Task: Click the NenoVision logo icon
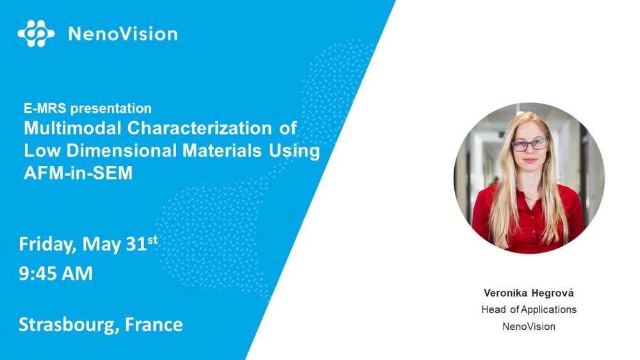[36, 33]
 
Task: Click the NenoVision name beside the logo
[123, 34]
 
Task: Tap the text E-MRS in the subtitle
[45, 108]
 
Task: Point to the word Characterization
[200, 128]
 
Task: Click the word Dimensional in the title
[121, 151]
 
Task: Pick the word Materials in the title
[222, 151]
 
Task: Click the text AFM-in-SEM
[78, 173]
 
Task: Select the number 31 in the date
[136, 244]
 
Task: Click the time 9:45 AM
[56, 274]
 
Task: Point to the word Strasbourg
[69, 325]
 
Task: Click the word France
[154, 325]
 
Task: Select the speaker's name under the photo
[529, 293]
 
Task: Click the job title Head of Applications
[529, 309]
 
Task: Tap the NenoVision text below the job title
[529, 327]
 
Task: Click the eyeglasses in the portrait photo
[530, 145]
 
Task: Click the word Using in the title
[294, 151]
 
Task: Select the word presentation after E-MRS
[111, 108]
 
